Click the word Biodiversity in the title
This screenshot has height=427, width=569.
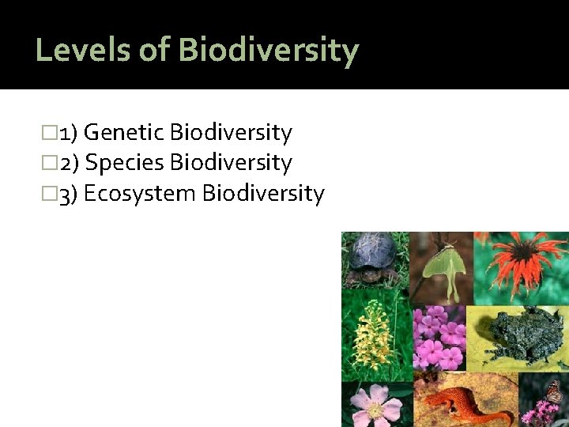pos(269,50)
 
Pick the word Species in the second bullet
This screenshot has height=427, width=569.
pos(124,163)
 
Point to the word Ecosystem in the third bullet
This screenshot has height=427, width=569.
pos(140,194)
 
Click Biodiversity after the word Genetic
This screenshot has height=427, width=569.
pos(231,133)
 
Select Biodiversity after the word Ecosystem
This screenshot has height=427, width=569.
pos(263,194)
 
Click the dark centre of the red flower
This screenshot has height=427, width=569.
pos(522,257)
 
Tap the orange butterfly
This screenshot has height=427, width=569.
pos(554,391)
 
